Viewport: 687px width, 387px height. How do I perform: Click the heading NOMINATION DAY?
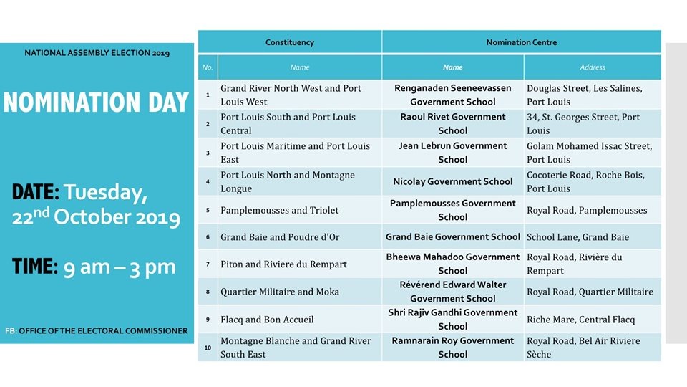click(x=96, y=102)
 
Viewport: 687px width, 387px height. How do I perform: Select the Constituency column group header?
click(x=289, y=42)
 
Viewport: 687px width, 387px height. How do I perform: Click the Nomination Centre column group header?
click(x=521, y=42)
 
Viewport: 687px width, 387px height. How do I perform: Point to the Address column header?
click(x=593, y=67)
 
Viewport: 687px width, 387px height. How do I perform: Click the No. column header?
click(x=208, y=67)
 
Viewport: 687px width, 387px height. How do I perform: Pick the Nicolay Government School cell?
click(x=452, y=182)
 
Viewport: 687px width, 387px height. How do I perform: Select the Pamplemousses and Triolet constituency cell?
click(x=280, y=210)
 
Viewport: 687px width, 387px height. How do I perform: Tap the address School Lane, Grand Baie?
click(x=578, y=237)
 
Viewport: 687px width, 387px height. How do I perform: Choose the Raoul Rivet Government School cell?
click(x=452, y=123)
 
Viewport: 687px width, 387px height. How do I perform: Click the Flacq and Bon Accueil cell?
click(x=267, y=320)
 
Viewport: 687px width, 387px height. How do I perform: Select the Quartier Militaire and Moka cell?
click(x=280, y=292)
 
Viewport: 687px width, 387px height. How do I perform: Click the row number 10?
click(x=208, y=348)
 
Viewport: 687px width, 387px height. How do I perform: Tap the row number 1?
click(x=208, y=95)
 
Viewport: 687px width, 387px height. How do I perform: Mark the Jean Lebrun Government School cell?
click(x=452, y=152)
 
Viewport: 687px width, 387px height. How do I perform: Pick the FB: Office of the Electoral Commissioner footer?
click(x=97, y=331)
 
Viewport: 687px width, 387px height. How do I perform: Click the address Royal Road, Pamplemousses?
click(x=587, y=210)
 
